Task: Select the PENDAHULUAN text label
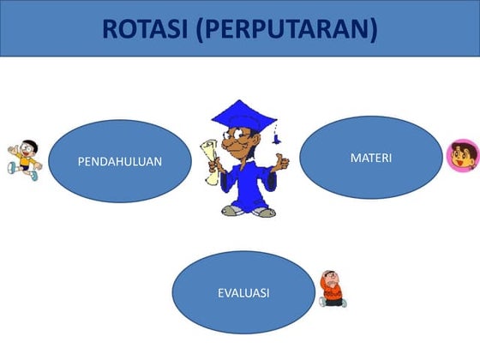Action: (120, 161)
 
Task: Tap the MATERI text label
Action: (371, 158)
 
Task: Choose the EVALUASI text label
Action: (243, 293)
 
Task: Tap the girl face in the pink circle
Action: (461, 156)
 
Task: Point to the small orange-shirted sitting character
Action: (332, 289)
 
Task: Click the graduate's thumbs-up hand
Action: (280, 159)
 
